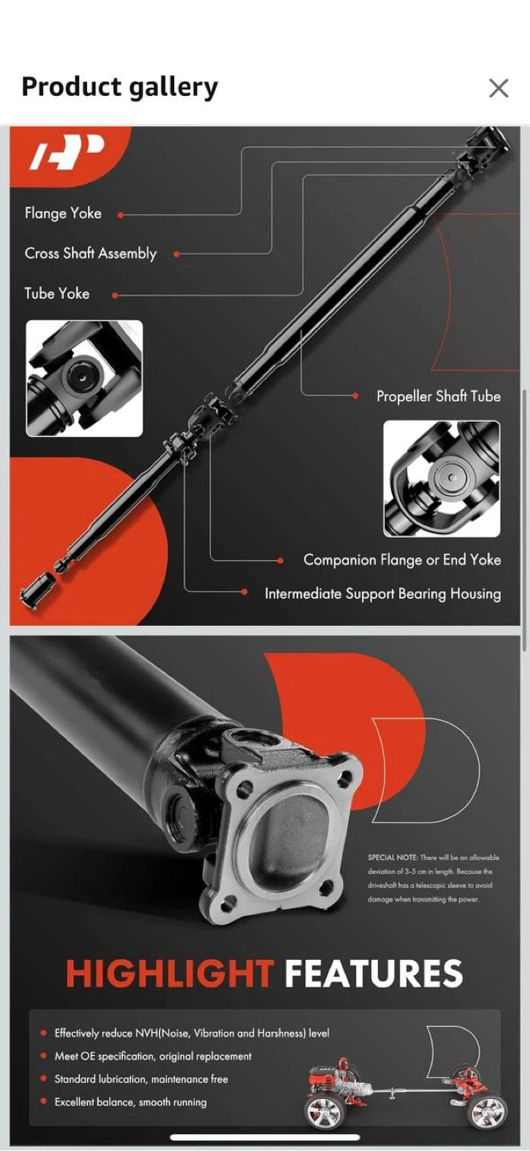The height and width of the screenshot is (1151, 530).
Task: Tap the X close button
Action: tap(499, 88)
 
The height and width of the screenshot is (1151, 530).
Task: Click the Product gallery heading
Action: tap(120, 87)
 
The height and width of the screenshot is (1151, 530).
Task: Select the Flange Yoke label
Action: tap(62, 213)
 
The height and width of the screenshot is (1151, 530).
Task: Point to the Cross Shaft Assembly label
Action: tap(90, 253)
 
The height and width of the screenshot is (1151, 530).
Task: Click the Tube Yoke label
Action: tap(57, 293)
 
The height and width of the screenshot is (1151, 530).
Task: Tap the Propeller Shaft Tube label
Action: tap(439, 396)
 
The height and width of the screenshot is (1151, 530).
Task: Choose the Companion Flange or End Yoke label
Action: tap(402, 560)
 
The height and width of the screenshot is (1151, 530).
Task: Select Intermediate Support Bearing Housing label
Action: tap(383, 593)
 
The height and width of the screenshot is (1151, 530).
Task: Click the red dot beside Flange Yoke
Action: tap(120, 215)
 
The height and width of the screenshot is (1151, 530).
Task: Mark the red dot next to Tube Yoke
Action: tap(114, 296)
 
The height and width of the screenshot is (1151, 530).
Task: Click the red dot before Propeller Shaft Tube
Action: tap(356, 396)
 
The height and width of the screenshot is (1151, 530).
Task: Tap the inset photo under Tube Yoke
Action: tap(84, 379)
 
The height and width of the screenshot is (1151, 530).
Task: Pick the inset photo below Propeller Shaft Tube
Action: tap(441, 479)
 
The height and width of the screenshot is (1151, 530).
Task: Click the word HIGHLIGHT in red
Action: tap(169, 973)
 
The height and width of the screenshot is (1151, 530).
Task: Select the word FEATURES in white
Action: tap(374, 973)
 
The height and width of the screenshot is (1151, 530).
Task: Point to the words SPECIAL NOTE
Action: tap(393, 858)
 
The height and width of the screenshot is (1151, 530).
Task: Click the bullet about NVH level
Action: tap(192, 1033)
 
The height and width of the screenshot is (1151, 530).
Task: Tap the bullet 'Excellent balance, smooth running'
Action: tap(130, 1101)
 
